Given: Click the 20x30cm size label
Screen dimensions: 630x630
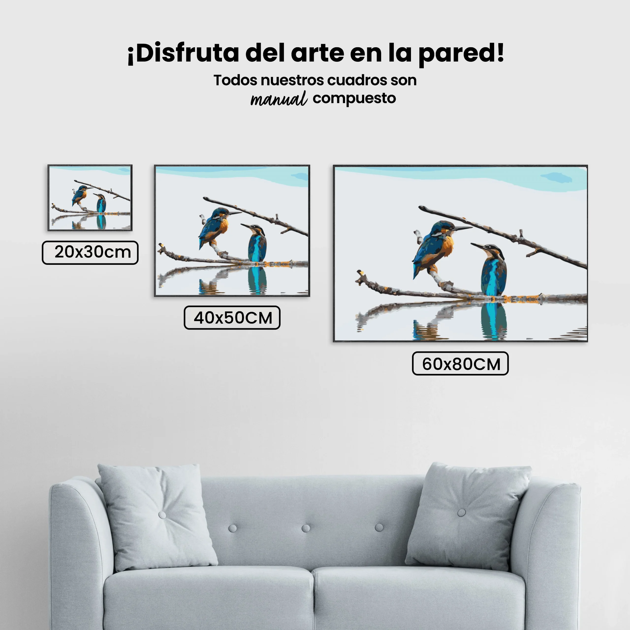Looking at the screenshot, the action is point(90,252).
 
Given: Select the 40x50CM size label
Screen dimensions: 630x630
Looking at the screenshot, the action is point(232,317).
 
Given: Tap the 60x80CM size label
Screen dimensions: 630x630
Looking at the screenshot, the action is point(460,363).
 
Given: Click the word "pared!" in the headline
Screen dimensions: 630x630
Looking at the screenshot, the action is point(461,54).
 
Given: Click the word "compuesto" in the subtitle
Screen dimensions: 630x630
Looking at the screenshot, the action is point(354,98).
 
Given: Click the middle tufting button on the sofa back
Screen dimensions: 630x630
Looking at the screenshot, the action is point(306,528).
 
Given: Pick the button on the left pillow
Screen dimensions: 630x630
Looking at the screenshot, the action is point(162,515).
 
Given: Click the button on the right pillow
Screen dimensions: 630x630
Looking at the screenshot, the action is point(461,513).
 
